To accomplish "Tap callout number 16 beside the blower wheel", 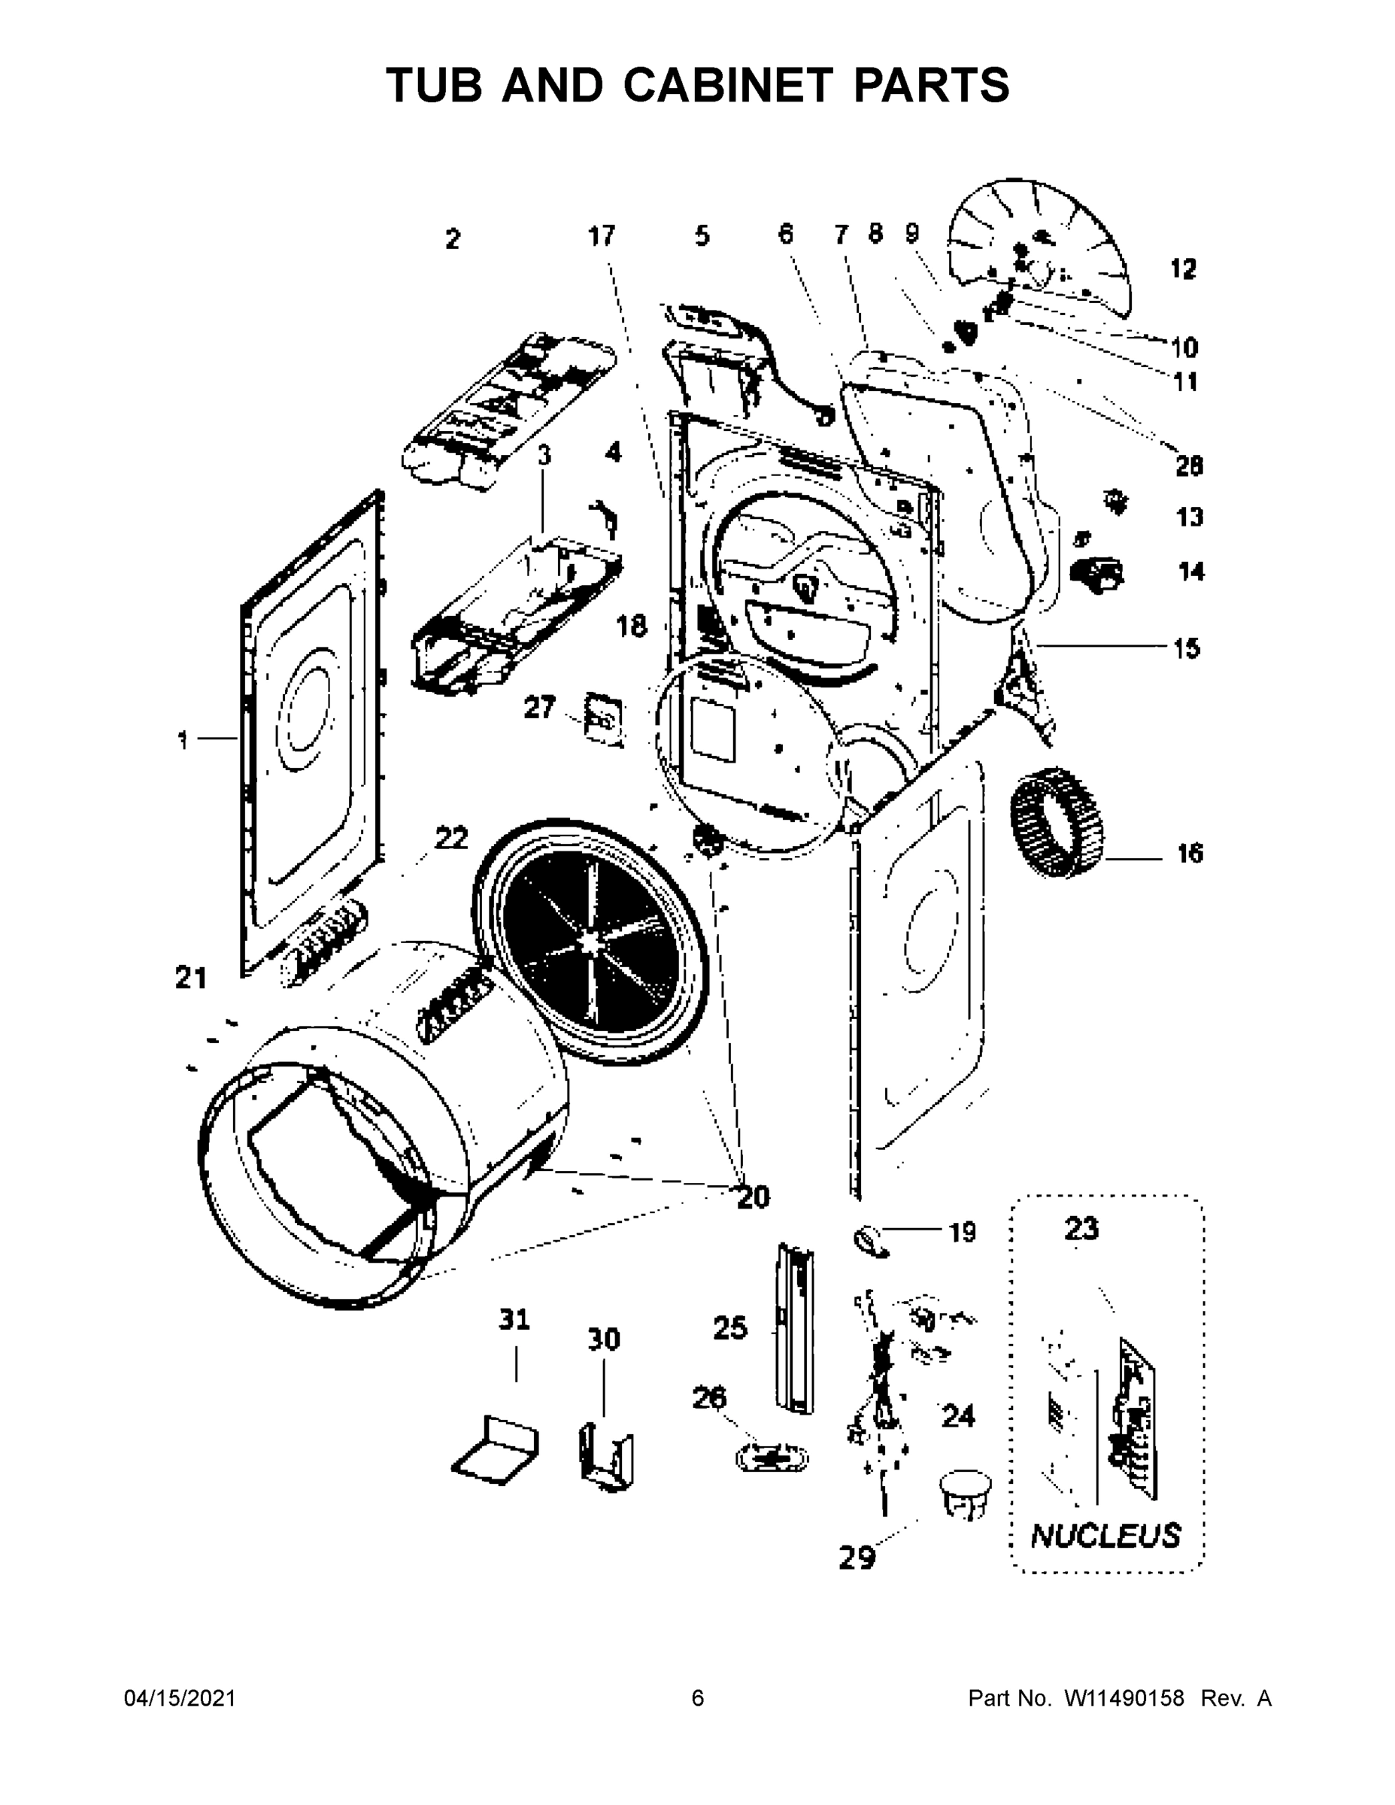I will coord(1189,854).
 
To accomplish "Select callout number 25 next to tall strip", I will coord(729,1329).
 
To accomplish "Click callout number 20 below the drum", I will coord(753,1197).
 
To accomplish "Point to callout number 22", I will coord(451,838).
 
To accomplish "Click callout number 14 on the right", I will coord(1191,571).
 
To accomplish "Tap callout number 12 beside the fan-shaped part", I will coord(1184,268).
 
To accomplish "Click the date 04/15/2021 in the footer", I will coord(180,1698).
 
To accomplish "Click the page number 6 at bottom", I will coord(698,1698).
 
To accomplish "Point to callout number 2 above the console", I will coord(452,240).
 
